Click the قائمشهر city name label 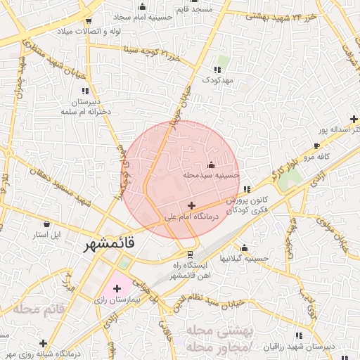pos(109,245)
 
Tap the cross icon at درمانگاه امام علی pos(191,205)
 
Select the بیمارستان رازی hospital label pos(118,299)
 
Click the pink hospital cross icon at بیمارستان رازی pos(116,288)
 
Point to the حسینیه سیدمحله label pos(211,174)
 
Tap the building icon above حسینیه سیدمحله pos(211,165)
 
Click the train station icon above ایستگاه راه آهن pos(188,254)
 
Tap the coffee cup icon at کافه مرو pos(317,146)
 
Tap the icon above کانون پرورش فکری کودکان pos(246,189)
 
